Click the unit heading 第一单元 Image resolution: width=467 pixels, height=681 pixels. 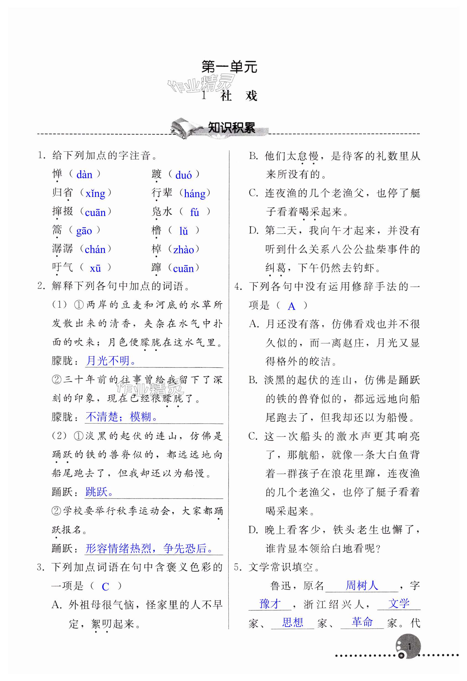[229, 67]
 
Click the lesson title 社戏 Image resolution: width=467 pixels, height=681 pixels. [239, 96]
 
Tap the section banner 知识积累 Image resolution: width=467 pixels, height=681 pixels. [231, 128]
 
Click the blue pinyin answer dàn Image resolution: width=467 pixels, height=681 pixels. [85, 175]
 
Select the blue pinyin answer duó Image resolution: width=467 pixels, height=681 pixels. [183, 175]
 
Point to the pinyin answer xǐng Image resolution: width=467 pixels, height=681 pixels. [95, 193]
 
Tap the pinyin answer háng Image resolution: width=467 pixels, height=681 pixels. [194, 193]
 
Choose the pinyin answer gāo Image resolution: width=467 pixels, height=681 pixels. [84, 231]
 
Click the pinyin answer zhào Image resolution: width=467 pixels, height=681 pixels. [184, 250]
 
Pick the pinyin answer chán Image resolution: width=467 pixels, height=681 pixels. [95, 250]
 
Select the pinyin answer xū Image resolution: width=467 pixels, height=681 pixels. [95, 268]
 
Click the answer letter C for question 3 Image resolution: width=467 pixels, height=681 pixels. [105, 587]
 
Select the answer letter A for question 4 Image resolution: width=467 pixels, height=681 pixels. [292, 306]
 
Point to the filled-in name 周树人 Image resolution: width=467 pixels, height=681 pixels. [362, 586]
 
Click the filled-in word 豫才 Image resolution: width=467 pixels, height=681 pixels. [270, 604]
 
